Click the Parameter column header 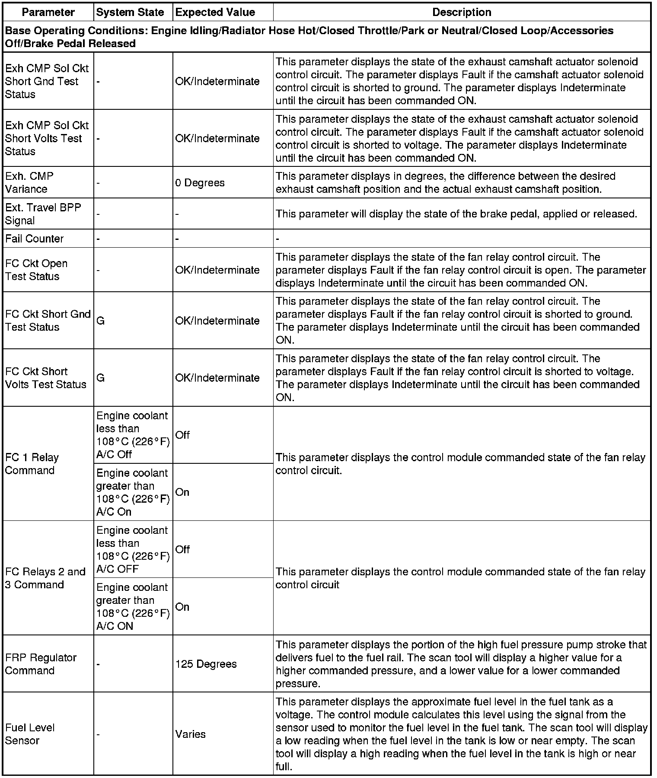tap(48, 12)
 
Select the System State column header tap(130, 12)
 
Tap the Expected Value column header tap(215, 12)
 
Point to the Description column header tap(462, 12)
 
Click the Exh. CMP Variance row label tap(29, 182)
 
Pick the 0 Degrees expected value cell tap(200, 183)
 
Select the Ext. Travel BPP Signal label tap(43, 214)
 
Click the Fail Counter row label tap(34, 239)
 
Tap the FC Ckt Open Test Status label tap(36, 270)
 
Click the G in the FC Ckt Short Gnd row tap(100, 321)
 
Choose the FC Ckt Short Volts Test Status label tap(46, 378)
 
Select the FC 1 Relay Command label tap(32, 464)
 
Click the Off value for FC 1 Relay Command tap(182, 435)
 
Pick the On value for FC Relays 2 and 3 tap(182, 607)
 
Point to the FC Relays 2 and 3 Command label tap(45, 578)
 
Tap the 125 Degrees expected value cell tap(206, 664)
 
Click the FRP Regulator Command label tap(41, 664)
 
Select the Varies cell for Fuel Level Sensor tap(190, 734)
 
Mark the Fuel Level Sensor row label tap(30, 734)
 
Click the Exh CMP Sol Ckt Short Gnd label tap(47, 81)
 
